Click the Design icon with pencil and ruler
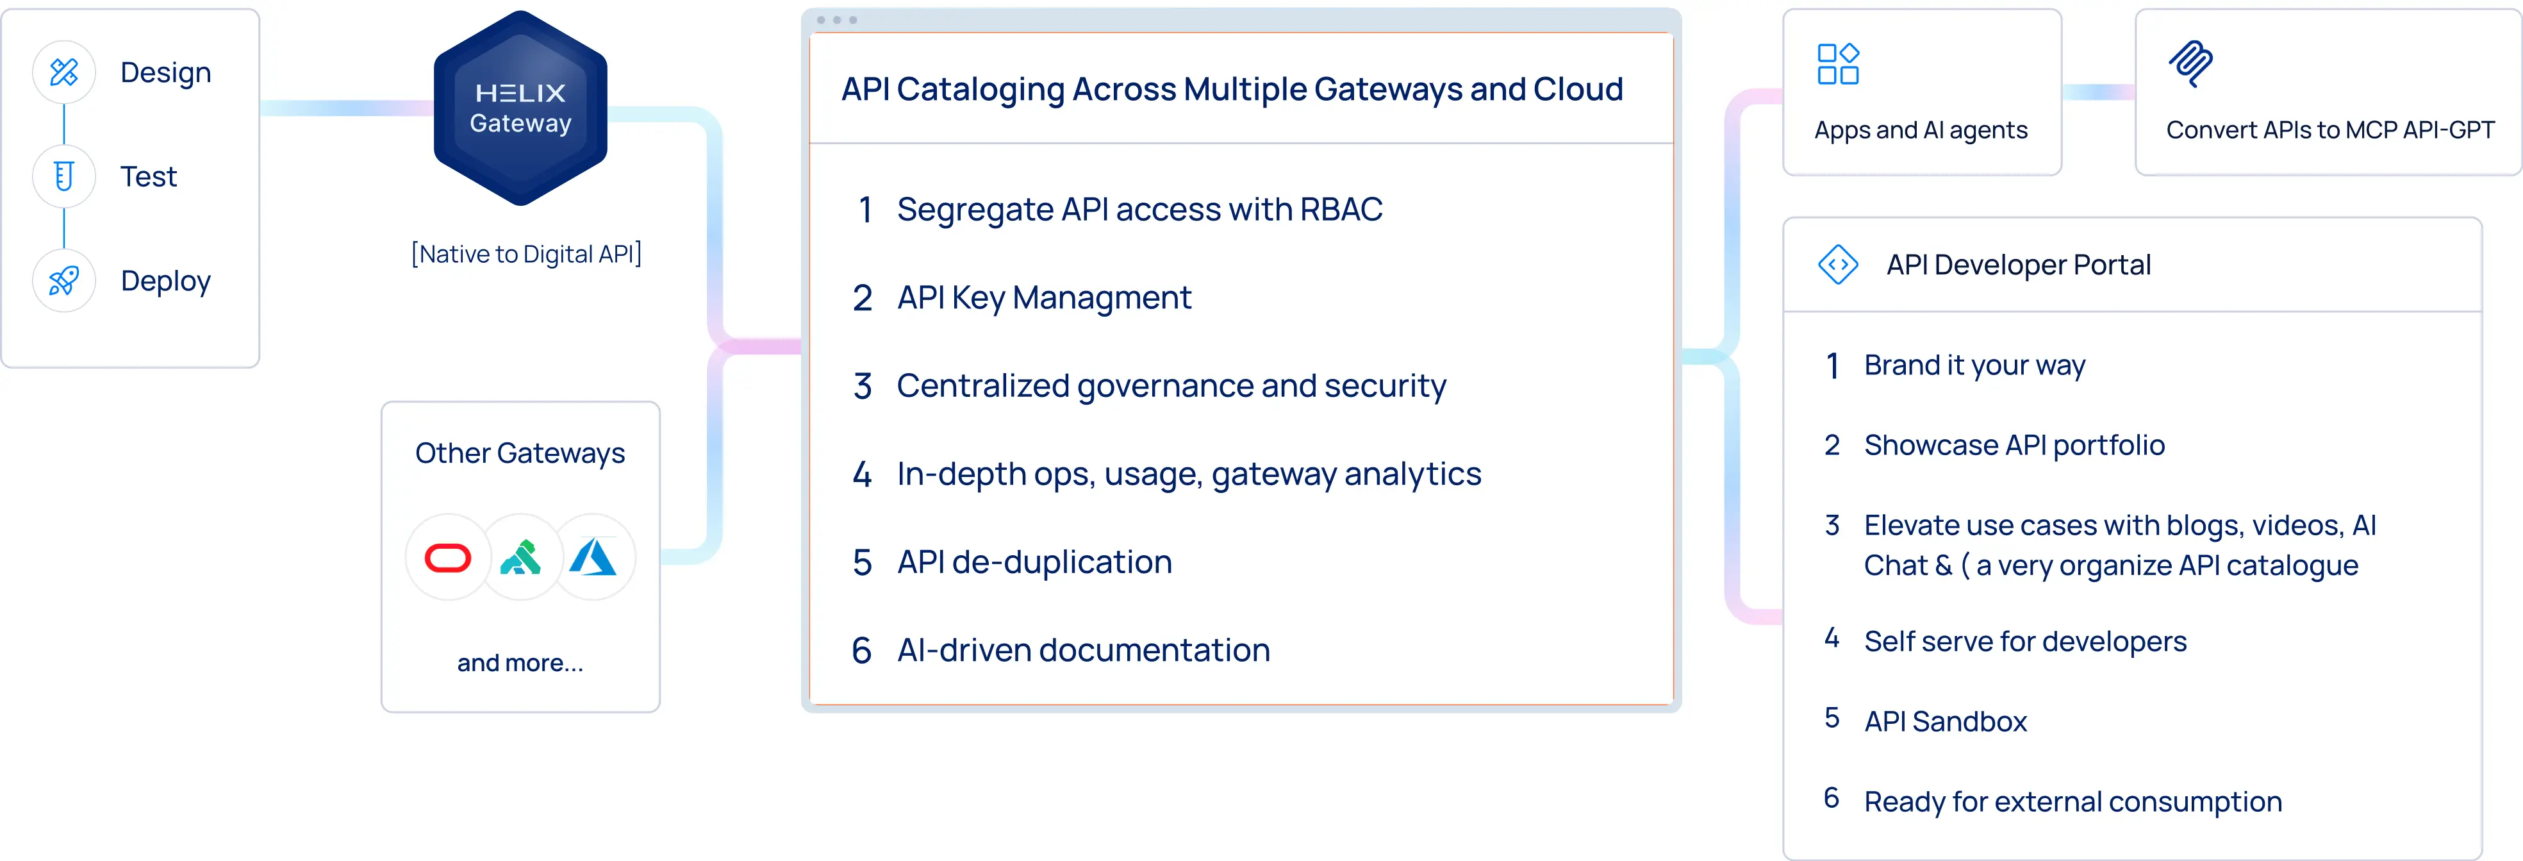[x=63, y=72]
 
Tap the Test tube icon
[x=63, y=176]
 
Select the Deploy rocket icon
[x=63, y=281]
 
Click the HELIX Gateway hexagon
[x=520, y=108]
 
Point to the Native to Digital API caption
[x=527, y=255]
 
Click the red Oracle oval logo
[x=447, y=558]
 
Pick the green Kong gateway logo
[x=520, y=557]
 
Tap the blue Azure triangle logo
[x=593, y=556]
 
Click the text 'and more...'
[x=520, y=663]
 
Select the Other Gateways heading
[x=520, y=453]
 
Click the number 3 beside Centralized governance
[x=862, y=386]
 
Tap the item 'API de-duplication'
[x=1034, y=562]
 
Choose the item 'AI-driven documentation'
[x=1083, y=651]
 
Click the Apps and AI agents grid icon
[x=1837, y=65]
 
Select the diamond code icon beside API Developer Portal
[x=1837, y=265]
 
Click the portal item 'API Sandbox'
[x=1945, y=722]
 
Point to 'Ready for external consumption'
[x=2072, y=802]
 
